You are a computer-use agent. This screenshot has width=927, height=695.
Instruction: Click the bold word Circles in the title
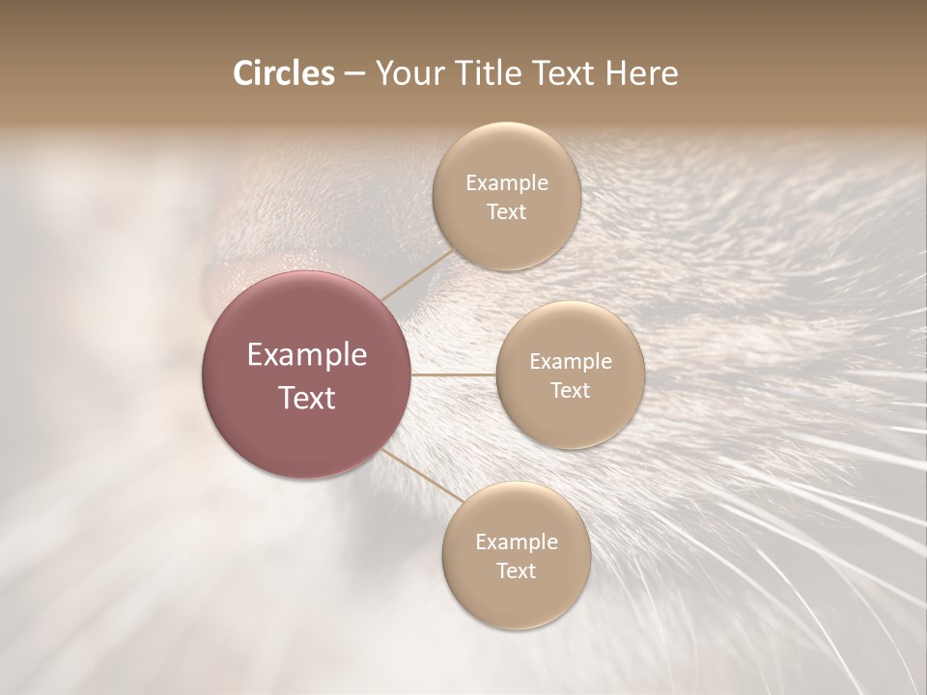(x=283, y=73)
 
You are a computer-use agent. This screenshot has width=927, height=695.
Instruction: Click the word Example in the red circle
(x=306, y=355)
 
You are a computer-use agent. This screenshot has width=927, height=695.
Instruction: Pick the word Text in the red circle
(x=306, y=398)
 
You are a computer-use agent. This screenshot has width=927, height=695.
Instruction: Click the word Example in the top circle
(x=506, y=183)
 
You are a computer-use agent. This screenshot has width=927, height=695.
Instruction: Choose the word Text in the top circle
(x=506, y=212)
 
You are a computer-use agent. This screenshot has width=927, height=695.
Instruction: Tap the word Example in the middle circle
(x=570, y=362)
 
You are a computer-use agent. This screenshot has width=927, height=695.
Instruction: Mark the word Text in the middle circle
(x=570, y=391)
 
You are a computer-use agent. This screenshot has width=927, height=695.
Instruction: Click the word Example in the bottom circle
(x=516, y=542)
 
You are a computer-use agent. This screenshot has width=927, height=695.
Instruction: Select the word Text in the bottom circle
(x=516, y=571)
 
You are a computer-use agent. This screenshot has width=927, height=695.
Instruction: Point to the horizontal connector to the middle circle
(x=453, y=374)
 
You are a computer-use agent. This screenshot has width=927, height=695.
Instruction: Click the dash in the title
(x=354, y=74)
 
